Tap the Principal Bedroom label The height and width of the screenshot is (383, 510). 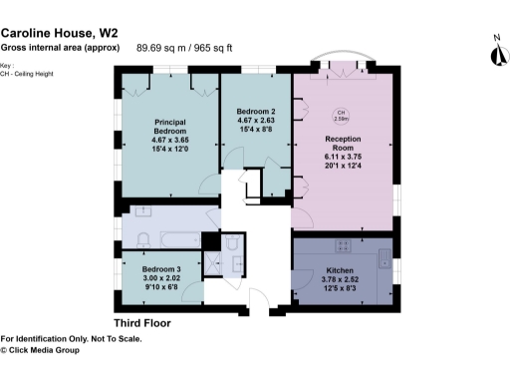[x=170, y=126]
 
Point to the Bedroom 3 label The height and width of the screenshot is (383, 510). [x=160, y=270]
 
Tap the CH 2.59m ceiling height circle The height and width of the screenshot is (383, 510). [x=341, y=115]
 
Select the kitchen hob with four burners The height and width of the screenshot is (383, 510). [x=344, y=244]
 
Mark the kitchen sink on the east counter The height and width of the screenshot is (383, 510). [x=384, y=257]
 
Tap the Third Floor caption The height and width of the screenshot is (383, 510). [x=141, y=323]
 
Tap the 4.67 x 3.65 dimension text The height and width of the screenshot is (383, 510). [x=170, y=140]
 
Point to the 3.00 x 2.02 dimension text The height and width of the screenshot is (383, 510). [x=160, y=279]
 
